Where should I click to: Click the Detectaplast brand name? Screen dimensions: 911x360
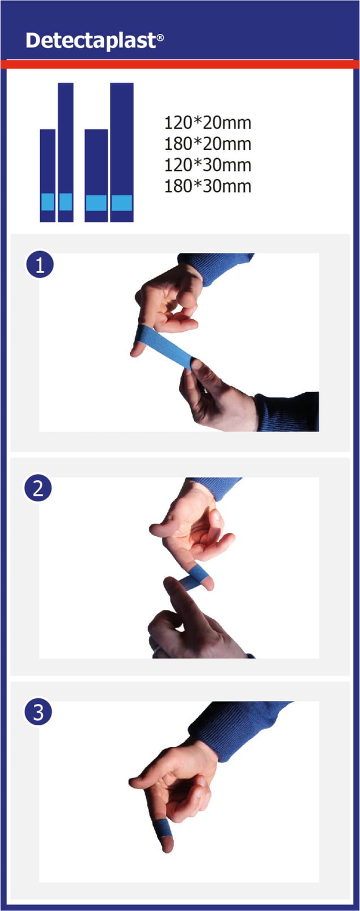coord(90,41)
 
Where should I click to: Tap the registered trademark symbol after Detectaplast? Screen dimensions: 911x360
coord(160,38)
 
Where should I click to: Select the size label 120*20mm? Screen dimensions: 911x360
coord(208,122)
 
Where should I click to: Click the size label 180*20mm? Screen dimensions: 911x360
coord(208,144)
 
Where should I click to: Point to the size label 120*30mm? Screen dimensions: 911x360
coord(208,165)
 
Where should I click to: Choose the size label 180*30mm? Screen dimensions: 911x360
coord(208,186)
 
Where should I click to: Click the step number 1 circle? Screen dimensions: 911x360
coord(39,264)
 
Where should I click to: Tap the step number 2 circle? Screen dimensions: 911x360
coord(38,488)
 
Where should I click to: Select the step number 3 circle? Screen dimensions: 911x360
coord(38,712)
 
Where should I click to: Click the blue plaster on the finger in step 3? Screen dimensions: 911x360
coord(163,829)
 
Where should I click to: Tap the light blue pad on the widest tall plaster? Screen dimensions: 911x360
coord(121,203)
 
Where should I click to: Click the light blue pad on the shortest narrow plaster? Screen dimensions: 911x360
coord(48,202)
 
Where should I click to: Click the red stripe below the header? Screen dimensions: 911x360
coord(180,64)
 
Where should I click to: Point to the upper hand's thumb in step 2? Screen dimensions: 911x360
coord(161,529)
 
